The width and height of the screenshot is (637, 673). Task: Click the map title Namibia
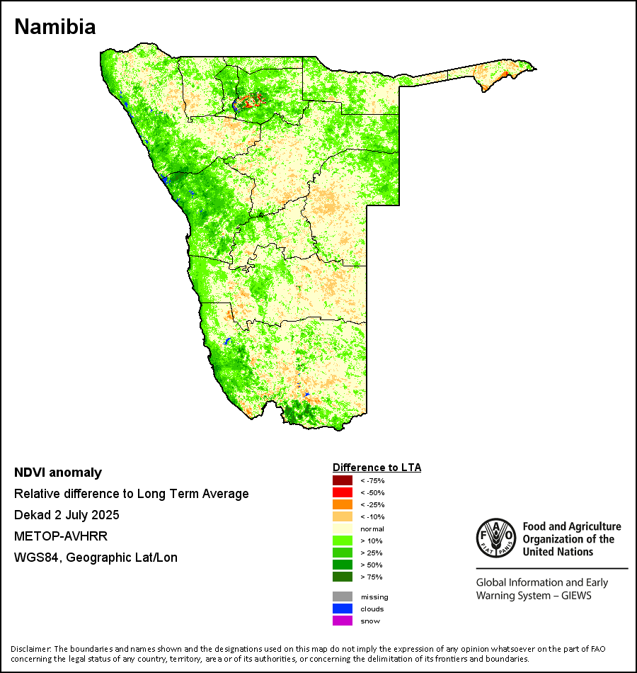pos(55,27)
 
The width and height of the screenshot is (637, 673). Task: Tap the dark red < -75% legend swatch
pos(343,480)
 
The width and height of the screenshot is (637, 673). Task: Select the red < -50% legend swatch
pos(343,492)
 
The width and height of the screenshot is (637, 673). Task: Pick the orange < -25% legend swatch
pos(343,504)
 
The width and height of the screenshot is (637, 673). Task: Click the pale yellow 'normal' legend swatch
pos(343,528)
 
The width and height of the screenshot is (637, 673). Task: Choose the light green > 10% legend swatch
pos(343,541)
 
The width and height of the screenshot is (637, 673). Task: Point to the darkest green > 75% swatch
pos(343,577)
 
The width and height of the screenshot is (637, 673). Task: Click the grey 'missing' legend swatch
pos(343,596)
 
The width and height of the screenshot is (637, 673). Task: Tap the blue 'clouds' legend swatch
pos(343,609)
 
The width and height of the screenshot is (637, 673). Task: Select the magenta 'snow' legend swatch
pos(343,621)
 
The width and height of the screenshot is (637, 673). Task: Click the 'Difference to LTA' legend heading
pos(377,468)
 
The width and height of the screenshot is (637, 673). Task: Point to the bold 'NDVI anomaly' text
pos(58,473)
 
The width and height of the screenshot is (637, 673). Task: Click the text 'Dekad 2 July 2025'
pos(67,515)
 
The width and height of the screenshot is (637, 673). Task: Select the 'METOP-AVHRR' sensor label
pos(51,536)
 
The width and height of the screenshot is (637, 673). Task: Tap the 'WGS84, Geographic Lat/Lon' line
pos(96,558)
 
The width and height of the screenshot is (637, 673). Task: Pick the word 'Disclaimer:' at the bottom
pos(30,649)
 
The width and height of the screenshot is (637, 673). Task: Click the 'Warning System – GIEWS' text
pos(534,596)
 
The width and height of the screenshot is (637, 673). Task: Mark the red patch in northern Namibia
pos(251,98)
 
